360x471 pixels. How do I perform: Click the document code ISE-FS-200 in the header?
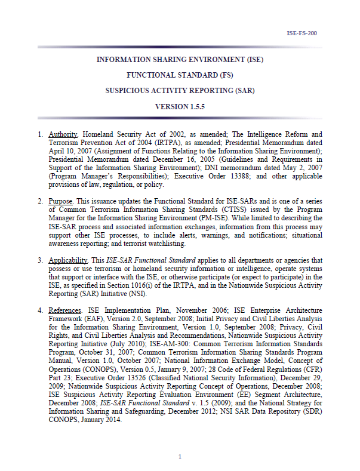pyautogui.click(x=302, y=33)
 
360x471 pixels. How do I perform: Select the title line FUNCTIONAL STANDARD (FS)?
pyautogui.click(x=180, y=75)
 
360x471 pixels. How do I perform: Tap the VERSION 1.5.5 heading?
pyautogui.click(x=180, y=106)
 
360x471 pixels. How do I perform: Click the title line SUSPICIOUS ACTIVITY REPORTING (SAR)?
pyautogui.click(x=180, y=91)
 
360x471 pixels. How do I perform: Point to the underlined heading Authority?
pyautogui.click(x=63, y=135)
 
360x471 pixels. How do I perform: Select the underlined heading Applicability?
pyautogui.click(x=69, y=260)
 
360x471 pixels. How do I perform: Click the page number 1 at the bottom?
pyautogui.click(x=180, y=457)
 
